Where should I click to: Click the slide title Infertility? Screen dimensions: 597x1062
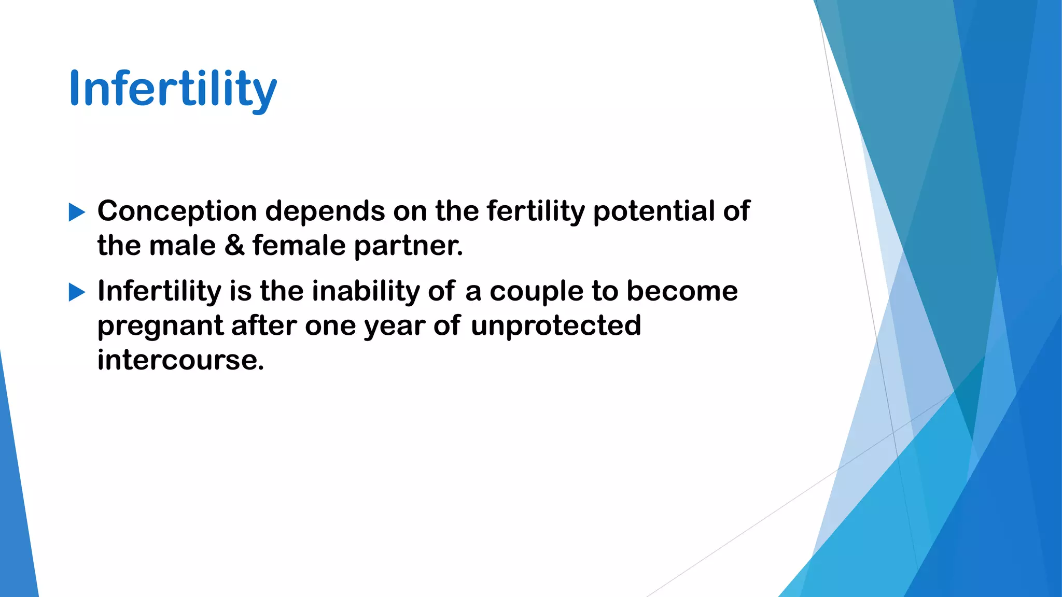click(173, 89)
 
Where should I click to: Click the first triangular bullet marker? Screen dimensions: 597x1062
click(77, 212)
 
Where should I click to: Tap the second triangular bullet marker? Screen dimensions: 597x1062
click(77, 293)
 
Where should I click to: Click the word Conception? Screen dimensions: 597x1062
click(177, 211)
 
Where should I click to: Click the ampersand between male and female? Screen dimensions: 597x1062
click(234, 246)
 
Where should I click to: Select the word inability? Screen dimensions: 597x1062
click(366, 291)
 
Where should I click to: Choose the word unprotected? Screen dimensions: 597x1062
click(556, 326)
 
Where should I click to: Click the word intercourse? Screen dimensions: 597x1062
click(180, 360)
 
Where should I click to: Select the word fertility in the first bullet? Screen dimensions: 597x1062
click(536, 211)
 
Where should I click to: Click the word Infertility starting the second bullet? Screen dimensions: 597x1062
click(159, 291)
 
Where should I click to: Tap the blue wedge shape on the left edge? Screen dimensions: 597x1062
click(16, 508)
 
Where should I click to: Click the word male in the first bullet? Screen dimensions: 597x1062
click(183, 246)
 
